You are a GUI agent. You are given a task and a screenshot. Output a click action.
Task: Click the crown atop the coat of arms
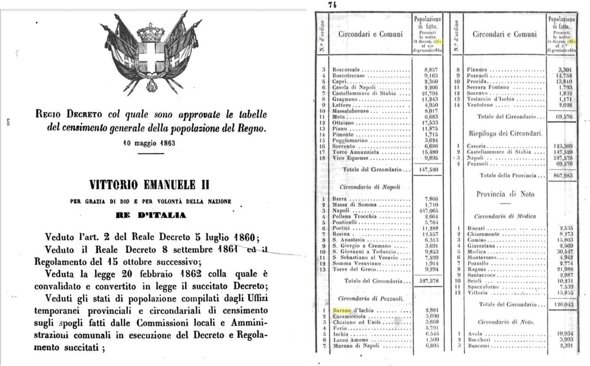pyautogui.click(x=150, y=32)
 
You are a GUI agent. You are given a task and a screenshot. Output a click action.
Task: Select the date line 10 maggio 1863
pyautogui.click(x=149, y=143)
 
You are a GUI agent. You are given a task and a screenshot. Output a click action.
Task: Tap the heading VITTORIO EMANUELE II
pyautogui.click(x=149, y=185)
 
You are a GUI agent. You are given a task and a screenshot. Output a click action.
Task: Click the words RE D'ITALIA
pyautogui.click(x=151, y=215)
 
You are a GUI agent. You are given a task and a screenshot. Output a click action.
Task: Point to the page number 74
pyautogui.click(x=332, y=5)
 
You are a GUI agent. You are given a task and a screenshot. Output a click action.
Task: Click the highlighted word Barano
pyautogui.click(x=341, y=310)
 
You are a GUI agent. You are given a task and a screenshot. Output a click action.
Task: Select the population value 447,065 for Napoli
pyautogui.click(x=428, y=210)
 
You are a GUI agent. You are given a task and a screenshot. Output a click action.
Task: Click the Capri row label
pyautogui.click(x=339, y=82)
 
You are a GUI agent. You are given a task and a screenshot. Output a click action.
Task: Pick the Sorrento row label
pyautogui.click(x=344, y=146)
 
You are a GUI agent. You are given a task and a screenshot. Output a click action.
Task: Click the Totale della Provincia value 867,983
pyautogui.click(x=563, y=175)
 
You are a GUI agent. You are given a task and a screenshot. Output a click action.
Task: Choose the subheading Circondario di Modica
pyautogui.click(x=505, y=216)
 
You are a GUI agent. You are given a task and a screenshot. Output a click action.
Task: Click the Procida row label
pyautogui.click(x=477, y=82)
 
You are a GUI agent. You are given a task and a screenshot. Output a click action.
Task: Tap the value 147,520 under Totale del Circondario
pyautogui.click(x=428, y=169)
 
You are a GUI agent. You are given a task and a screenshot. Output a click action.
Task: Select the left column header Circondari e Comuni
pyautogui.click(x=370, y=34)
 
